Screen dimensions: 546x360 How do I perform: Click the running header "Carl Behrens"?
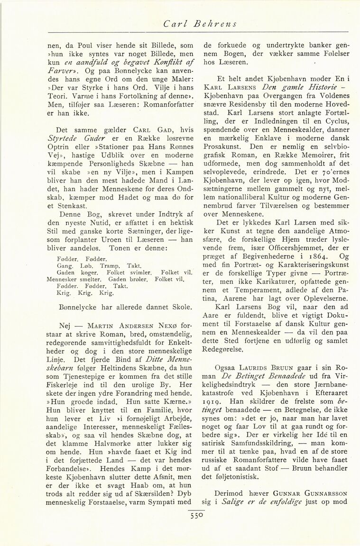200,22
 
